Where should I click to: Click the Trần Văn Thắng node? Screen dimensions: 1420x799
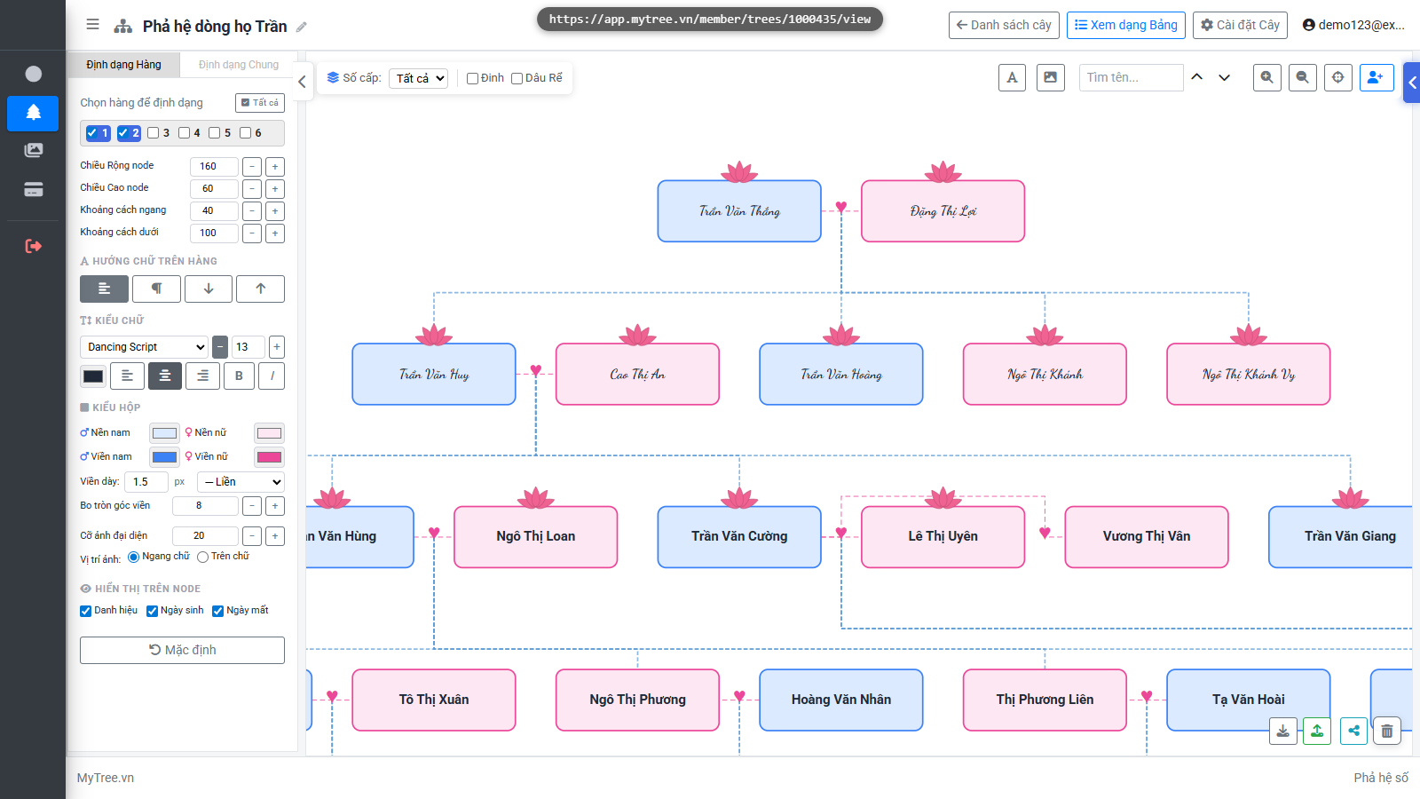(x=739, y=211)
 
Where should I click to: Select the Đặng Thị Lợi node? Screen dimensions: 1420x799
(x=943, y=211)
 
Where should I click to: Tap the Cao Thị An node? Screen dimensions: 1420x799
(x=637, y=374)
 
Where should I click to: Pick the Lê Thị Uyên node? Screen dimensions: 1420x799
(x=943, y=536)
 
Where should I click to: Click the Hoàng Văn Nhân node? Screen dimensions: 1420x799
(x=840, y=700)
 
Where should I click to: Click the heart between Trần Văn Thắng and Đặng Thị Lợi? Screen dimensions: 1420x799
(x=841, y=208)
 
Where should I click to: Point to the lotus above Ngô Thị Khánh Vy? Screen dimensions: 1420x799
(x=1248, y=334)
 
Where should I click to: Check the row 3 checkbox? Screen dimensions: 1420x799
(x=153, y=133)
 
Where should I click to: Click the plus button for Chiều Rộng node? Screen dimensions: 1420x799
(x=275, y=167)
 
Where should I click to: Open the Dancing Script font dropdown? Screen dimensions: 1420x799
(x=144, y=347)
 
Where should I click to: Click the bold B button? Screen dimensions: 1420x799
(x=239, y=376)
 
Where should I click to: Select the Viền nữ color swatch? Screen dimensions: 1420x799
(x=269, y=457)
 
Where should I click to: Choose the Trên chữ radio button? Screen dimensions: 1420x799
(x=203, y=557)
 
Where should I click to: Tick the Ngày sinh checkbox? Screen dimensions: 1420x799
(x=152, y=611)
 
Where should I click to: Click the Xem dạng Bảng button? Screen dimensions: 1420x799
(x=1126, y=26)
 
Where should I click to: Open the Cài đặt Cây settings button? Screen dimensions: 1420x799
(x=1240, y=26)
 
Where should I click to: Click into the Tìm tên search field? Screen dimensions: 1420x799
(x=1131, y=77)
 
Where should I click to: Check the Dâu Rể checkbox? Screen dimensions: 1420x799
(x=517, y=79)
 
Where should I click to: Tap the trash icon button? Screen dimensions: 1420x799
(x=1387, y=732)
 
